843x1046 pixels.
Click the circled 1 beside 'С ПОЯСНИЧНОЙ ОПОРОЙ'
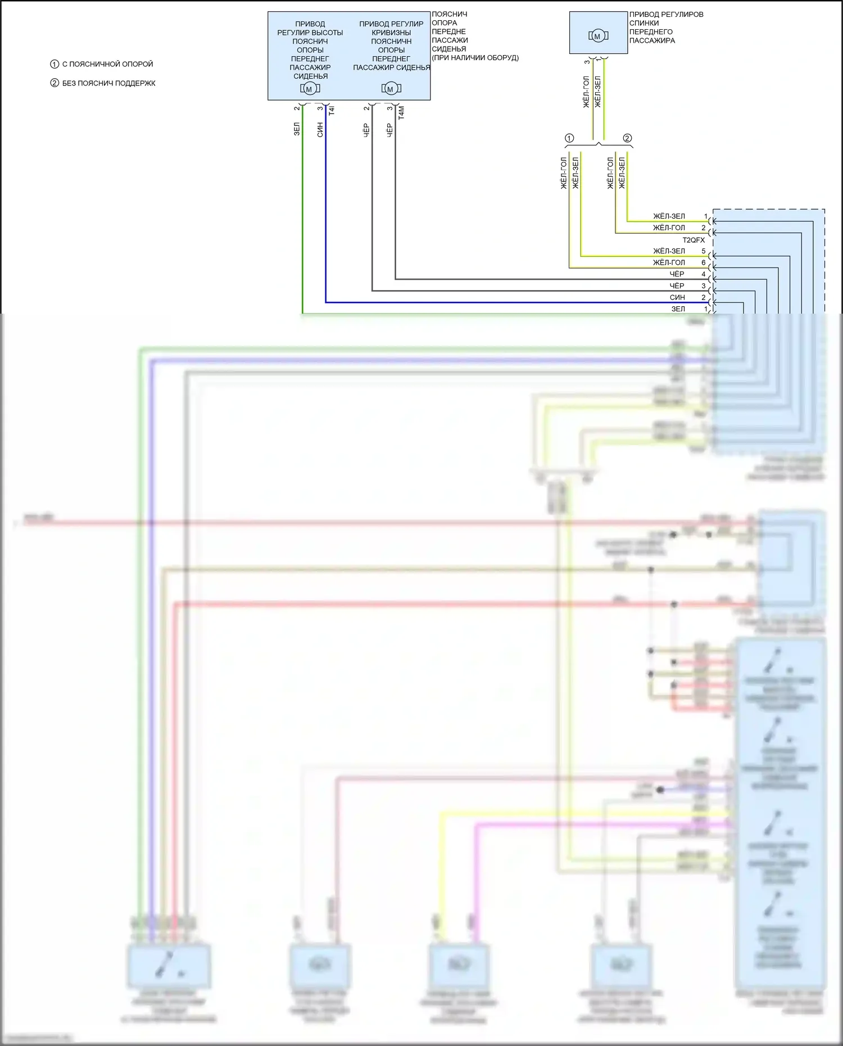(x=55, y=64)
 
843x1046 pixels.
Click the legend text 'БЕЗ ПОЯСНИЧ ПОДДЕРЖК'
(x=108, y=83)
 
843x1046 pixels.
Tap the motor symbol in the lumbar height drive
(x=310, y=89)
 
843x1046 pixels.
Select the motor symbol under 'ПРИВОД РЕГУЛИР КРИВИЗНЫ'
(x=391, y=89)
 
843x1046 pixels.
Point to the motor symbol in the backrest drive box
(x=598, y=36)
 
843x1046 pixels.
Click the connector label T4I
(x=332, y=111)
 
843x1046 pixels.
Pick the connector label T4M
(x=401, y=113)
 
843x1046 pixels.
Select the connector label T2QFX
(x=694, y=240)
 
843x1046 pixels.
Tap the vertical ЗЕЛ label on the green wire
(x=297, y=129)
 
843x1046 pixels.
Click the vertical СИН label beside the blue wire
(x=320, y=130)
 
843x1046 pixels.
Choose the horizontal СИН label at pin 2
(x=677, y=297)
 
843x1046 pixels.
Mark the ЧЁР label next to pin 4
(x=677, y=274)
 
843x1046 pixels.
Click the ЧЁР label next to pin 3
(x=677, y=286)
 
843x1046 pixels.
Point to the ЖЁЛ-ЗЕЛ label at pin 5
(x=669, y=251)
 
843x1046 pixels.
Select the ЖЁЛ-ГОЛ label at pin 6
(x=669, y=262)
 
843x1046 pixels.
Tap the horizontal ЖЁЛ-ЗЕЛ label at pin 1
(x=669, y=216)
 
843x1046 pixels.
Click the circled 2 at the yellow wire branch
(x=627, y=138)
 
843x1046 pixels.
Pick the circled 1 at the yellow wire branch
(x=569, y=138)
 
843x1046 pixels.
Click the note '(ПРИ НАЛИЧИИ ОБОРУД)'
(x=475, y=58)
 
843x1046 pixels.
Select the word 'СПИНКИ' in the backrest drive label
(x=644, y=23)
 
